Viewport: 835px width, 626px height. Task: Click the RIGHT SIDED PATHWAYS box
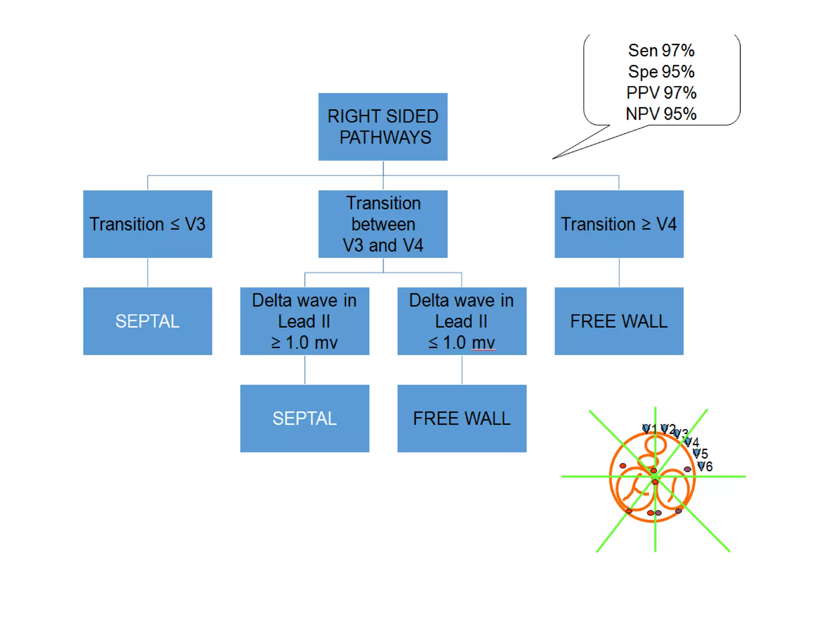pyautogui.click(x=382, y=127)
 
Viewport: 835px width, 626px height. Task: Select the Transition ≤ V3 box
pyautogui.click(x=147, y=224)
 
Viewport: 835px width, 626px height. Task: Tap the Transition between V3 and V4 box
pyautogui.click(x=382, y=224)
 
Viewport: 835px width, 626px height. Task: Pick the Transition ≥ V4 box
pyautogui.click(x=619, y=224)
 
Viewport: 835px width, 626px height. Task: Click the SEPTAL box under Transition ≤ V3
pyautogui.click(x=147, y=321)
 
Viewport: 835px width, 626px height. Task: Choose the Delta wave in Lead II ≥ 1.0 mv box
pyautogui.click(x=304, y=321)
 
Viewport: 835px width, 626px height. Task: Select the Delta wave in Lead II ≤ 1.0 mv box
pyautogui.click(x=462, y=321)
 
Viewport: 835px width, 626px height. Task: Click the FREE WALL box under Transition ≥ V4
pyautogui.click(x=619, y=321)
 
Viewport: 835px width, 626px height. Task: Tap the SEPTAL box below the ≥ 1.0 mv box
pyautogui.click(x=304, y=418)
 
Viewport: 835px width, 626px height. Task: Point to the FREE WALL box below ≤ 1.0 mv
pyautogui.click(x=462, y=418)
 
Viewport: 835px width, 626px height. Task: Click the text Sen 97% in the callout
pyautogui.click(x=661, y=51)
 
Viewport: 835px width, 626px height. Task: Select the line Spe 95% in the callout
pyautogui.click(x=661, y=72)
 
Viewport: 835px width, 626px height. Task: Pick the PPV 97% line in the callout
pyautogui.click(x=661, y=93)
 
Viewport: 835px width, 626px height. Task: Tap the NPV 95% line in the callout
pyautogui.click(x=661, y=114)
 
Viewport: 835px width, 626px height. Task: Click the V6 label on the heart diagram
pyautogui.click(x=705, y=466)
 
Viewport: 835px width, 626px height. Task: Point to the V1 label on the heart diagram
pyautogui.click(x=649, y=429)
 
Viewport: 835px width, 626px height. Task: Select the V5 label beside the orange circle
pyautogui.click(x=700, y=453)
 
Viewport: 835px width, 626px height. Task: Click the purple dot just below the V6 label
pyautogui.click(x=687, y=469)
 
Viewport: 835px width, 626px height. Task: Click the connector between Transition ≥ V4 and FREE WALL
pyautogui.click(x=619, y=272)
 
